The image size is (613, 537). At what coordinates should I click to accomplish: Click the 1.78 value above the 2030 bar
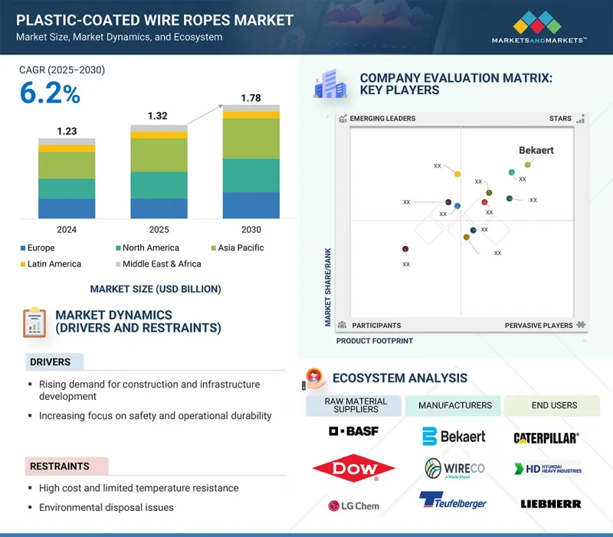tap(251, 98)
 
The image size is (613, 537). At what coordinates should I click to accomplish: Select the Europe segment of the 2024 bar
tap(67, 208)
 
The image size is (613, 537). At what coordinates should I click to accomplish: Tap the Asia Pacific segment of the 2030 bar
tap(251, 138)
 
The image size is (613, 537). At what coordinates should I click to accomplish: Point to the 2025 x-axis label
tap(159, 230)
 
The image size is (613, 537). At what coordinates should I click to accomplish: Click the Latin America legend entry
tap(54, 264)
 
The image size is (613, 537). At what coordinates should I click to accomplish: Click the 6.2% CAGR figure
tap(50, 93)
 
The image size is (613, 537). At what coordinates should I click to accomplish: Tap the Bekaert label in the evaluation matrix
tap(536, 150)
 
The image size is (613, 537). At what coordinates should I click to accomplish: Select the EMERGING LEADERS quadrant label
tap(382, 119)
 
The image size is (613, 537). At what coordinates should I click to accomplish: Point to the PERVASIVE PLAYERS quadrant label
tap(538, 326)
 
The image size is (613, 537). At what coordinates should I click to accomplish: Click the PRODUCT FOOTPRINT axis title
tap(375, 341)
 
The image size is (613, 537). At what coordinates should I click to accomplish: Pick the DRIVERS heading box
tap(51, 362)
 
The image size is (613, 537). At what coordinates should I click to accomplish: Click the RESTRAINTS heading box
tap(60, 466)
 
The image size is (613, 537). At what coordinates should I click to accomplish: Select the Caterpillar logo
tap(546, 437)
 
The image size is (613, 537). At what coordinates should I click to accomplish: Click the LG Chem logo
tap(353, 505)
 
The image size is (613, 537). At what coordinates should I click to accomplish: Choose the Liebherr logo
tap(550, 504)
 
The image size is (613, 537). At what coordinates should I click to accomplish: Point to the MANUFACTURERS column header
tap(454, 405)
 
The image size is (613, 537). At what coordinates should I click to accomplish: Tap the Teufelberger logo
tap(452, 502)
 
